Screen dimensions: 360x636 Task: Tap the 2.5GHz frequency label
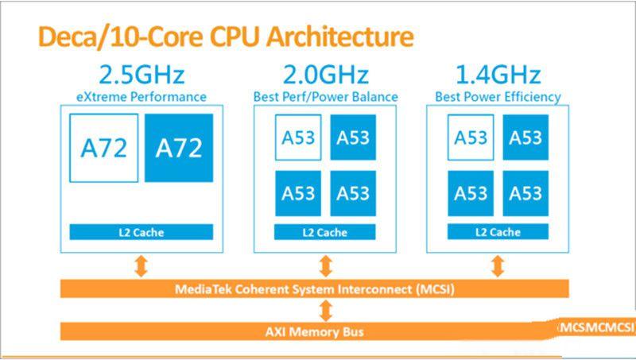coord(142,76)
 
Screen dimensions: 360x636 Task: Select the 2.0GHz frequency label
coord(326,76)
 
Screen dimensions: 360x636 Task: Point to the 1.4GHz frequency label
coord(498,76)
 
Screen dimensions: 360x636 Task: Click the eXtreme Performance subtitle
coord(142,97)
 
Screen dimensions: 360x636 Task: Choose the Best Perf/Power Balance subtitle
coord(326,97)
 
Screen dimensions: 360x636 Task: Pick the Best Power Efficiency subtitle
coord(498,97)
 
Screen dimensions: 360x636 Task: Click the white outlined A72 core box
coord(104,148)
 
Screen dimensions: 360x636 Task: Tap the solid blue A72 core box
coord(179,148)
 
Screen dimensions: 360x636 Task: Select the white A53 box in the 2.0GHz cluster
coord(298,137)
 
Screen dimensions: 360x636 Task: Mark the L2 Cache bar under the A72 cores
coord(142,232)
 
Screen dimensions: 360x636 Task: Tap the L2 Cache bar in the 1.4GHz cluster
coord(498,232)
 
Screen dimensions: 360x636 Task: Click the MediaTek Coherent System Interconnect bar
coord(314,288)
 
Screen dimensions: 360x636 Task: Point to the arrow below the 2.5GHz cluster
coord(142,265)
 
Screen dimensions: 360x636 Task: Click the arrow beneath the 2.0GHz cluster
coord(325,265)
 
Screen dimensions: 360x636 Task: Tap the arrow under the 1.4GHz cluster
coord(498,265)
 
